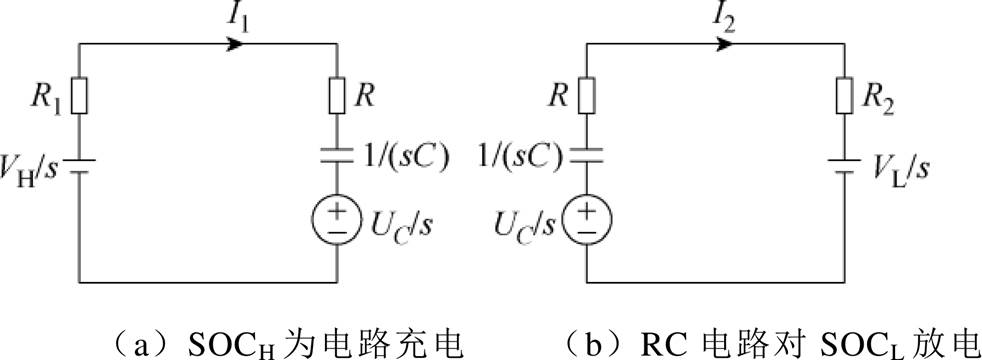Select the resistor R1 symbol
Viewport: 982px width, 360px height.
click(80, 97)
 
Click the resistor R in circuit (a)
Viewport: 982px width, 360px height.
click(338, 97)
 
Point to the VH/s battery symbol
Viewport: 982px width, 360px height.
click(80, 164)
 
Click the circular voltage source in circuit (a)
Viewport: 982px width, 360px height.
click(338, 217)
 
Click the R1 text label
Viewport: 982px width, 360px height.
click(47, 99)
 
